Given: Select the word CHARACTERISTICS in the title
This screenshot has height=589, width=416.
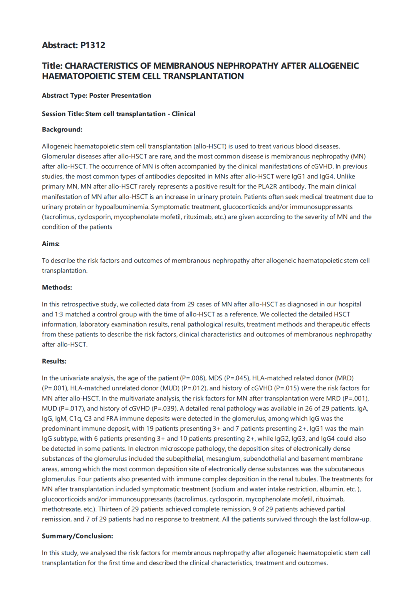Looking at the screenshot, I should click(x=101, y=66).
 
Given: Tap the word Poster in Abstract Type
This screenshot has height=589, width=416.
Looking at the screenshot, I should click(x=100, y=96).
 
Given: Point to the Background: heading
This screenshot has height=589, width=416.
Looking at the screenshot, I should click(x=62, y=130).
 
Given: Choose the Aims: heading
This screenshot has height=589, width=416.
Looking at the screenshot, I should click(x=51, y=244).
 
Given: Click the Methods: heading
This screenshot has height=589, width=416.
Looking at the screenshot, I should click(x=57, y=288).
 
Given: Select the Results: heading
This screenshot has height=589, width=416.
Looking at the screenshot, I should click(x=54, y=361).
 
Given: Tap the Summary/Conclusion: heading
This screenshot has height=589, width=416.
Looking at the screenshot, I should click(x=77, y=536).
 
